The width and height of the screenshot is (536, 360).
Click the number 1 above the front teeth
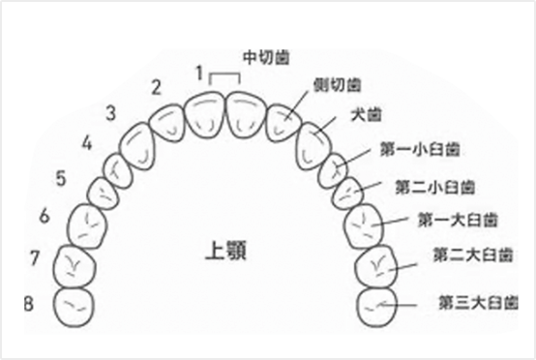[x=199, y=72]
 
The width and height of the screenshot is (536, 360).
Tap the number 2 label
[x=156, y=87]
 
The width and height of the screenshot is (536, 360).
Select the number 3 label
[x=111, y=112]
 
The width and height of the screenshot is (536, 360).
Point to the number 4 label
[x=87, y=144]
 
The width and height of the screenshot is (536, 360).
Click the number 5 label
[x=61, y=179]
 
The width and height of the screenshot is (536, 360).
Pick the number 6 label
[x=44, y=215]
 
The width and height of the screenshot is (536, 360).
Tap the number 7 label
[x=35, y=258]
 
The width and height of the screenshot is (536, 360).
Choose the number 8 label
[x=30, y=304]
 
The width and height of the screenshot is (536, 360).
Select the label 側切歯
[x=338, y=84]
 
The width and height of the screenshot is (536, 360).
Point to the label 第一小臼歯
[x=420, y=150]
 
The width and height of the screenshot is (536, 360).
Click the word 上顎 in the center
[x=227, y=250]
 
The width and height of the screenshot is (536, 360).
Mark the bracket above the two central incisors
[x=224, y=75]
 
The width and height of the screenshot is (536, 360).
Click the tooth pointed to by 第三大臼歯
[x=378, y=303]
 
